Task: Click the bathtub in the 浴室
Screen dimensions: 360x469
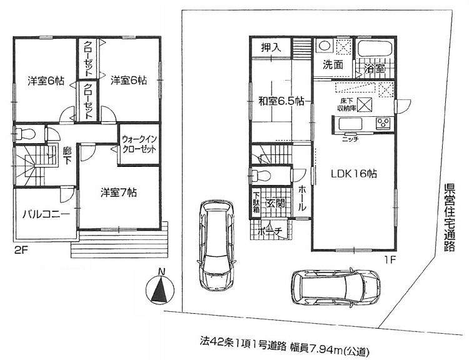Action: tap(373, 48)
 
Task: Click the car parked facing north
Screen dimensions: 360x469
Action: tap(214, 241)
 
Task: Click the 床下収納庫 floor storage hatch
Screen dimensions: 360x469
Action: tap(366, 104)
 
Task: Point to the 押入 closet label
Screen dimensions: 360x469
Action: tap(271, 46)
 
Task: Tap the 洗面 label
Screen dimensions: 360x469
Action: tap(332, 64)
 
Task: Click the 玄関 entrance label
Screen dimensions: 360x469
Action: tap(275, 202)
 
